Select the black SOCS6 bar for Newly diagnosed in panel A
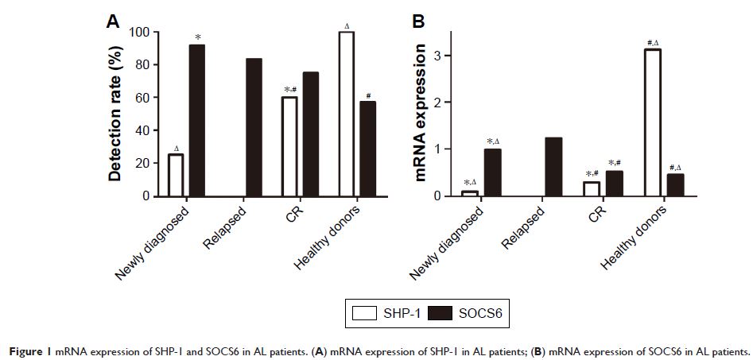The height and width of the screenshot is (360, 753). pyautogui.click(x=196, y=120)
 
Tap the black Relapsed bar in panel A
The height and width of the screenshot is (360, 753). pyautogui.click(x=254, y=127)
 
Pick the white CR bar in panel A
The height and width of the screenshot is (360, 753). pyautogui.click(x=290, y=146)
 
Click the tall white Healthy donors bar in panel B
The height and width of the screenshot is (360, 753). pyautogui.click(x=653, y=122)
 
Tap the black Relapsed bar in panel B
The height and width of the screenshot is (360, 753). pyautogui.click(x=554, y=167)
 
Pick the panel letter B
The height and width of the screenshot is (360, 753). pyautogui.click(x=420, y=22)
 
